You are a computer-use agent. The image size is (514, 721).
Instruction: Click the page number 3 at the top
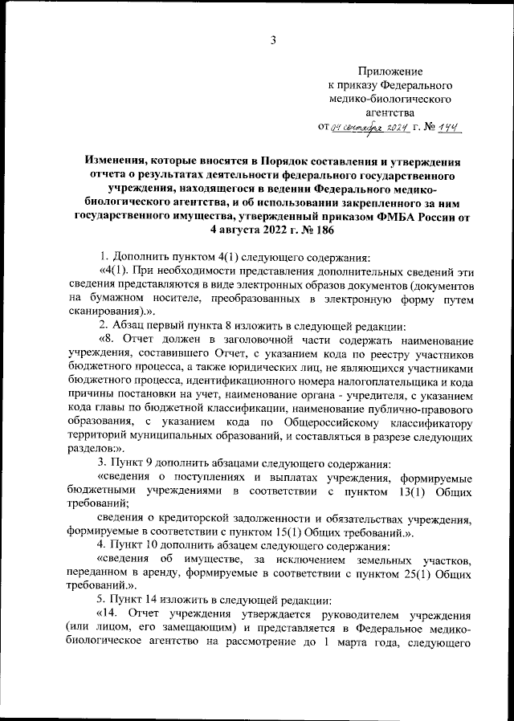(x=273, y=41)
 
